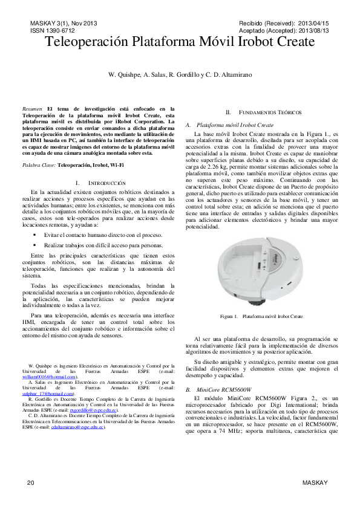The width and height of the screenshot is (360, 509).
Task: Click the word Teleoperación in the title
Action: [x=87, y=42]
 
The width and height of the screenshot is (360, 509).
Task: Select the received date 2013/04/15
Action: [x=311, y=23]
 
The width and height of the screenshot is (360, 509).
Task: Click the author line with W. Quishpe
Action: [x=180, y=74]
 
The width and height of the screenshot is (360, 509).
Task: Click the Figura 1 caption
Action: [x=261, y=316]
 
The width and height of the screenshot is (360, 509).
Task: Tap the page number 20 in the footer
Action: [x=31, y=482]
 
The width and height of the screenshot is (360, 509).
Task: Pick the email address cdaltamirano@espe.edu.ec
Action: [x=78, y=427]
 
